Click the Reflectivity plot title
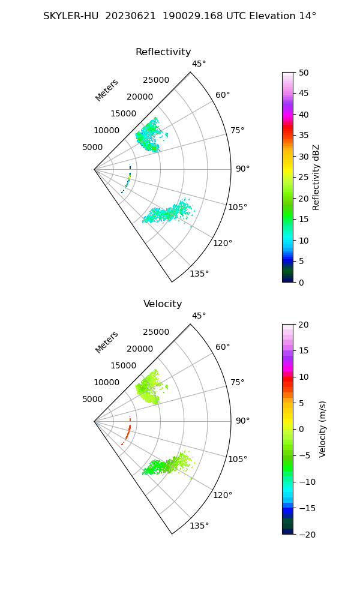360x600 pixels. (163, 52)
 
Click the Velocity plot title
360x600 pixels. (163, 304)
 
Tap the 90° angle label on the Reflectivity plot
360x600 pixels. (242, 169)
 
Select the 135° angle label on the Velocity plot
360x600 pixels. (199, 526)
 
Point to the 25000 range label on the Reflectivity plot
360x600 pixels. (156, 80)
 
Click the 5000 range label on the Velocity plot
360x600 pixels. (92, 399)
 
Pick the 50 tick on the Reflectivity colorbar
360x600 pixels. (304, 73)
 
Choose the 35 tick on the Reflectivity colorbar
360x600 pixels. (304, 136)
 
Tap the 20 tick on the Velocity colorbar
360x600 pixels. (304, 325)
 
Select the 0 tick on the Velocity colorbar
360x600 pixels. (302, 429)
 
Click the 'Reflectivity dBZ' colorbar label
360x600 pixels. (316, 178)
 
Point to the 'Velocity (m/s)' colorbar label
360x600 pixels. (323, 429)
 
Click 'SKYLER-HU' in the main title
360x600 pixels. (71, 16)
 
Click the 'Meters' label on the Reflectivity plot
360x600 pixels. (107, 90)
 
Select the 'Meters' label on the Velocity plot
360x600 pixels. (107, 342)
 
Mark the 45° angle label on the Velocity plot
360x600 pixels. (199, 316)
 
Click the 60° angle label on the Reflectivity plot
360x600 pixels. (223, 95)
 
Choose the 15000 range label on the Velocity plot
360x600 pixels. (122, 365)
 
